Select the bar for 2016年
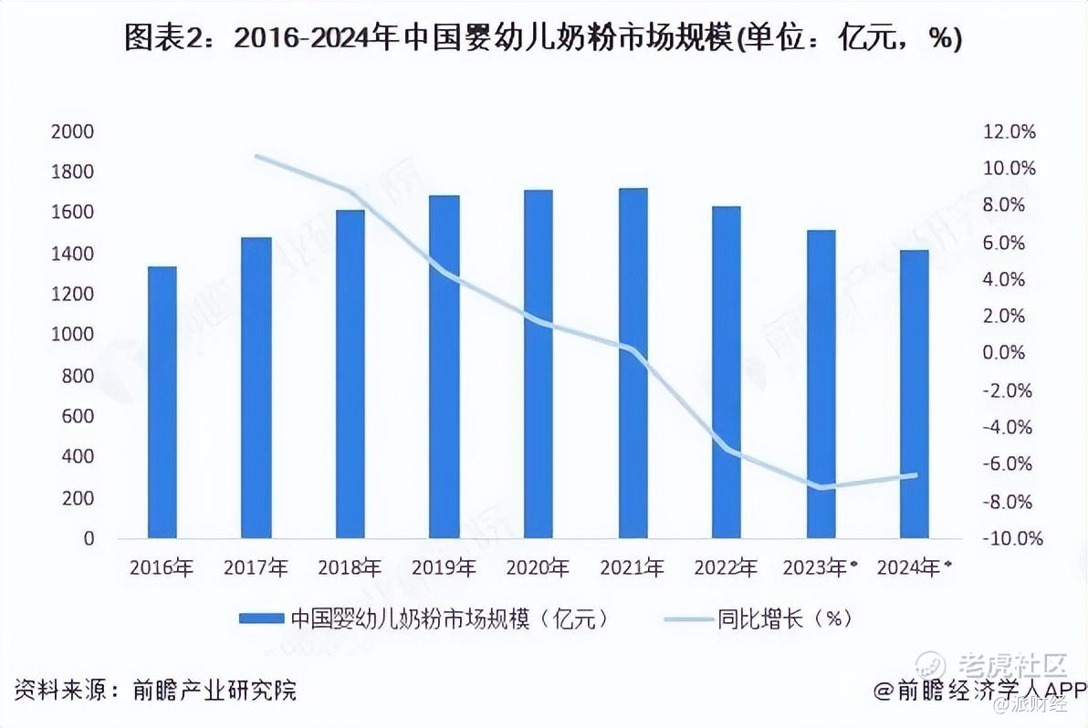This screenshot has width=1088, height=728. (162, 402)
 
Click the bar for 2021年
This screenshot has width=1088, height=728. (633, 363)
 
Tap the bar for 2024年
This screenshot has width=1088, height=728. (914, 394)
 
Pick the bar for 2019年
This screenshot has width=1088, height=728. (445, 367)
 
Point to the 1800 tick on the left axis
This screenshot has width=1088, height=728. (76, 172)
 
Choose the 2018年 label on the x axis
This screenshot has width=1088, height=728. (350, 567)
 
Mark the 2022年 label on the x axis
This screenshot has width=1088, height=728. (726, 567)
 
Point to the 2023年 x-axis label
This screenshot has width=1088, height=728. (819, 567)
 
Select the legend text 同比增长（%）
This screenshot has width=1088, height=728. (784, 619)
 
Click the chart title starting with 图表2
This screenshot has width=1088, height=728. (543, 38)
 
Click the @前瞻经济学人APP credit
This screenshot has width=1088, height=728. (979, 690)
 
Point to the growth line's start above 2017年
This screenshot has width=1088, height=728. (256, 157)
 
